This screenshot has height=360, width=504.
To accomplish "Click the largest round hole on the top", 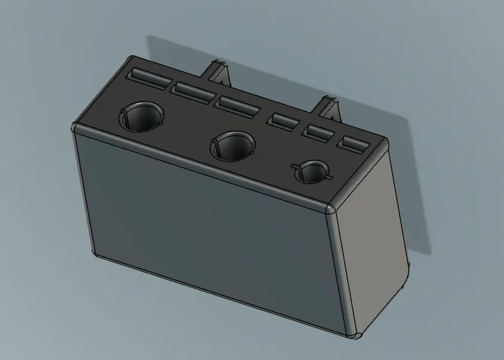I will (142, 116).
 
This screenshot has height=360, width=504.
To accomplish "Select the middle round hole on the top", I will (233, 145).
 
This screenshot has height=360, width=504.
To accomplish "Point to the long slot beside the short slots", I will (237, 106).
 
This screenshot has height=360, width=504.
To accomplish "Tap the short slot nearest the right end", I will (354, 144).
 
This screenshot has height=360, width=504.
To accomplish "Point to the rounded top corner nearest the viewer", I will (329, 209).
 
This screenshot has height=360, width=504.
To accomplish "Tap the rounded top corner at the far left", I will (74, 127).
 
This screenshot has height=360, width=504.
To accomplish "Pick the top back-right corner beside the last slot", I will (383, 143).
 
